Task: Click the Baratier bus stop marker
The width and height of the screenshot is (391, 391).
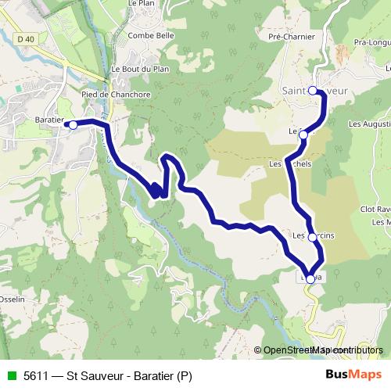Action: [x=73, y=124]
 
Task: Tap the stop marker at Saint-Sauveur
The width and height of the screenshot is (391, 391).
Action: [x=312, y=91]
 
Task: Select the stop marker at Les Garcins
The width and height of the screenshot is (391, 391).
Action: [x=312, y=237]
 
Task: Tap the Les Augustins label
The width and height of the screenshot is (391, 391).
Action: [x=369, y=124]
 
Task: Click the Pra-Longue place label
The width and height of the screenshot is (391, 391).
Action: [x=371, y=42]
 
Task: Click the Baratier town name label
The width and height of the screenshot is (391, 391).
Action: [x=48, y=117]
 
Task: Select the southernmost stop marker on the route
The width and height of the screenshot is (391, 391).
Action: [x=310, y=279]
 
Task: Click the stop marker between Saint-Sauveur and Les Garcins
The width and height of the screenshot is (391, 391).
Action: [x=303, y=135]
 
